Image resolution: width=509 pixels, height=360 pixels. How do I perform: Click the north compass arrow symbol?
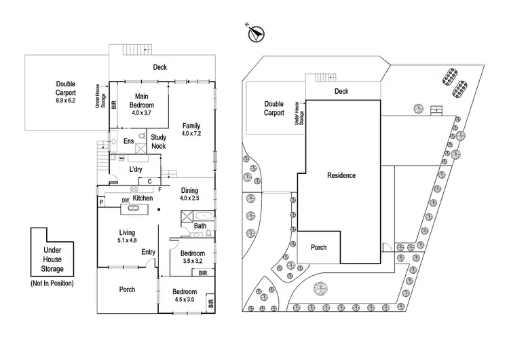coord(257,31)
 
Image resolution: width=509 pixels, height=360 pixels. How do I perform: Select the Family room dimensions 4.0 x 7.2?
coord(191,134)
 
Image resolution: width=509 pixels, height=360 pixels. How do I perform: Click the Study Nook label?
coord(158,141)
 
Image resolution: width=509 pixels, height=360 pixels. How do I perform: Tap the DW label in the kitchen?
coord(125,200)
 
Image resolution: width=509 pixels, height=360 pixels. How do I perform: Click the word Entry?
coord(149,253)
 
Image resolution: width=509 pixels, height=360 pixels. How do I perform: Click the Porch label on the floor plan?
coord(127,289)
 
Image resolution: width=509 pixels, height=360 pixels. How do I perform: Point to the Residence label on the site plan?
coord(341,175)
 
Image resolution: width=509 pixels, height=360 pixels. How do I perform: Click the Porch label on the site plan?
coord(318,247)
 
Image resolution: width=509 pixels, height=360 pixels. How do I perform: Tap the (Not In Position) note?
coord(52,283)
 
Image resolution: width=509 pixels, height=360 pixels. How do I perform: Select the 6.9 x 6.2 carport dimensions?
coord(67,100)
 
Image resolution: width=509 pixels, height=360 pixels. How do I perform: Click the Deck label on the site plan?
coord(341,90)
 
